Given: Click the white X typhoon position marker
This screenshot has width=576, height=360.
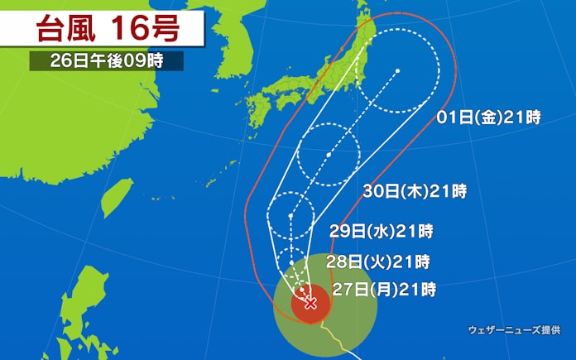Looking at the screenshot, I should pyautogui.click(x=311, y=303).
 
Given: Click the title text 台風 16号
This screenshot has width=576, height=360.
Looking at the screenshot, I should pyautogui.click(x=104, y=30).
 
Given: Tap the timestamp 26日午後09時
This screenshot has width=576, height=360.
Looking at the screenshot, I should pyautogui.click(x=106, y=61).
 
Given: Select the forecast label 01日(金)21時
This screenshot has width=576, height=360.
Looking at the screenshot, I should pyautogui.click(x=489, y=118).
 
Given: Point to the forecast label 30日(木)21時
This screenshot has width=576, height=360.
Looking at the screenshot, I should pyautogui.click(x=415, y=192).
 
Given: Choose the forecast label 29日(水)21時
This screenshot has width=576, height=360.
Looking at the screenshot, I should pyautogui.click(x=381, y=231).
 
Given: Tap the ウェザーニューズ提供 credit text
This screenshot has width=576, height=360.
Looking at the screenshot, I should pyautogui.click(x=513, y=329).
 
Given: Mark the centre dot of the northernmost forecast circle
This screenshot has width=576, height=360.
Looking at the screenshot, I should pyautogui.click(x=398, y=70).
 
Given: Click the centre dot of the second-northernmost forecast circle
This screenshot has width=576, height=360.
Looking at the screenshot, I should pyautogui.click(x=329, y=155).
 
